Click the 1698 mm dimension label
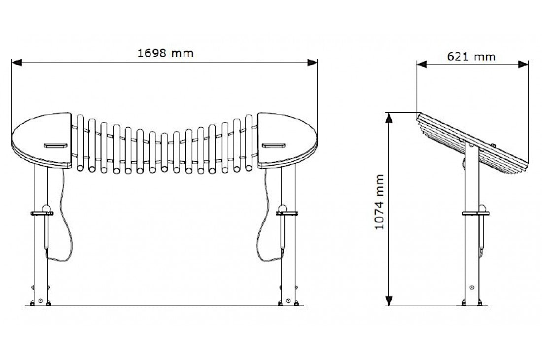(x=166, y=53)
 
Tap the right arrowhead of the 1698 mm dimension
(x=312, y=62)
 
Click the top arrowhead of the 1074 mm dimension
(x=389, y=117)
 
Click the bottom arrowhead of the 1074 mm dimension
(x=389, y=301)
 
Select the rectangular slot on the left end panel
(x=55, y=145)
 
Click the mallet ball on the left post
(x=46, y=208)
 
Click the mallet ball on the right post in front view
(x=283, y=208)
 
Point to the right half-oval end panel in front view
(x=286, y=141)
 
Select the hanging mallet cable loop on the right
(x=264, y=222)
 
